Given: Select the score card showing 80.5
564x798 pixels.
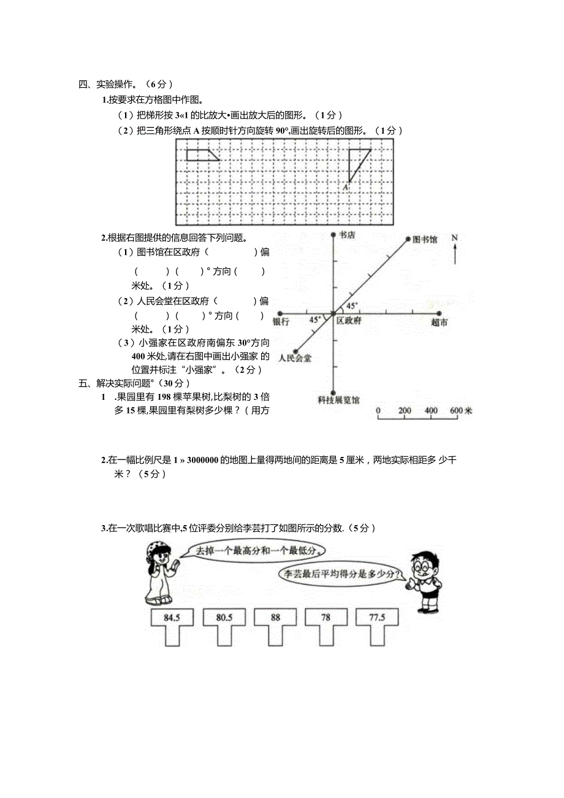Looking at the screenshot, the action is click(224, 618).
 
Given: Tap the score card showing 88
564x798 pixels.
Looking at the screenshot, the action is click(275, 618).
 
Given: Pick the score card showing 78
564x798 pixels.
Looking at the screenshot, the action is click(326, 618).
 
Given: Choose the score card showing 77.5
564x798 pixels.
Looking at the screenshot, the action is click(378, 618).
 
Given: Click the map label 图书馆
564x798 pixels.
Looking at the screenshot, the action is click(425, 240).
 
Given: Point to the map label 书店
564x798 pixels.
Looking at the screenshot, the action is click(347, 235).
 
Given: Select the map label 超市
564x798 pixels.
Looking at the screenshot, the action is click(439, 322).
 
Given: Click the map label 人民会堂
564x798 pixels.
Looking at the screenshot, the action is click(294, 358).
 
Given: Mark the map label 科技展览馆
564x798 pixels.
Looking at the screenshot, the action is click(338, 401).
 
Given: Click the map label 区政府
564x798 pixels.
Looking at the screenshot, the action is click(349, 321).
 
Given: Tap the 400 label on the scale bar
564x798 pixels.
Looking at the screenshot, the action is click(431, 410).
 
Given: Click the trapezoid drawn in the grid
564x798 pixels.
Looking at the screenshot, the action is click(201, 155).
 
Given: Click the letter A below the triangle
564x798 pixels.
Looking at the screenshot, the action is click(346, 186).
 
